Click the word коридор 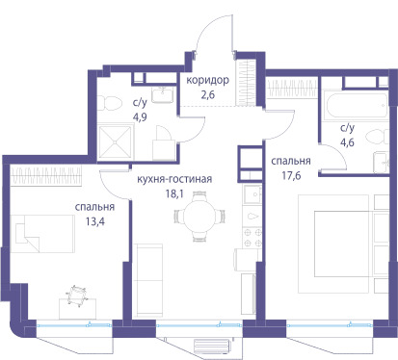coord(208,80)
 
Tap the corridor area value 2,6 coord(208,94)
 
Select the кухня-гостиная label coord(174,179)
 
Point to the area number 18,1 coord(174,193)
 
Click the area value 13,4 coord(94,221)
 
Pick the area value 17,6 coord(291,175)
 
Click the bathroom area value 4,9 coord(140,116)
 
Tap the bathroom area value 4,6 coord(347,141)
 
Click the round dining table coord(199,216)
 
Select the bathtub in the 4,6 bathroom coord(356,106)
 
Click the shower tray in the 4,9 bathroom coord(116,142)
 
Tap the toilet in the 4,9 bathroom coord(110,103)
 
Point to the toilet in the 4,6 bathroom coord(377,138)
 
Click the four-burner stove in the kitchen coord(252,238)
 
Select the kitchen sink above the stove coord(252,194)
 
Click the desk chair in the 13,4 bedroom coord(77,295)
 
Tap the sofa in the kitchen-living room coord(148,281)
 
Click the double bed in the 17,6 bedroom coord(343,244)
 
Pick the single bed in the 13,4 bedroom coord(42,234)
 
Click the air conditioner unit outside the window coord(213,346)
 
